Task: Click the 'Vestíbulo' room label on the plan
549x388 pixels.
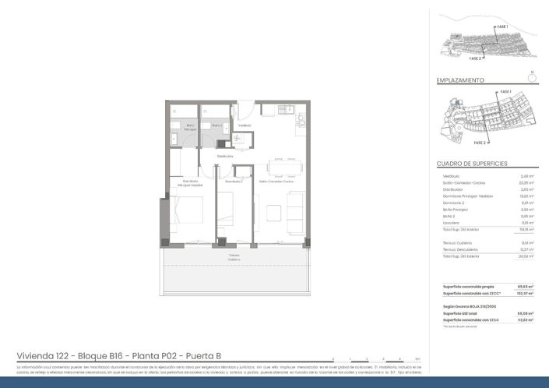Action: click(245, 125)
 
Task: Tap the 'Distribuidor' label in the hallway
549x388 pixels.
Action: click(226, 156)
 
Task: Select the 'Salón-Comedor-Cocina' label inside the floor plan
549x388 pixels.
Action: click(276, 182)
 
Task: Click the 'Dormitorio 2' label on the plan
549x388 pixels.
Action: click(234, 182)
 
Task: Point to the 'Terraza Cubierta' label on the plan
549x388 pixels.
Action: click(234, 257)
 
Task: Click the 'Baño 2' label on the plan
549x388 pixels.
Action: click(217, 125)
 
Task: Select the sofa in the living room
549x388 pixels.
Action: click(297, 211)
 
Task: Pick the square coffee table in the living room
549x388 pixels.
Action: click(273, 212)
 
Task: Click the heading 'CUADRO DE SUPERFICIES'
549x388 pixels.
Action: click(472, 164)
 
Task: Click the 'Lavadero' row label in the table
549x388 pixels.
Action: click(452, 223)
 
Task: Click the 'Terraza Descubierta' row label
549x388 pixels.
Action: click(460, 249)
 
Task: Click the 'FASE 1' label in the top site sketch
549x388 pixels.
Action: click(502, 27)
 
